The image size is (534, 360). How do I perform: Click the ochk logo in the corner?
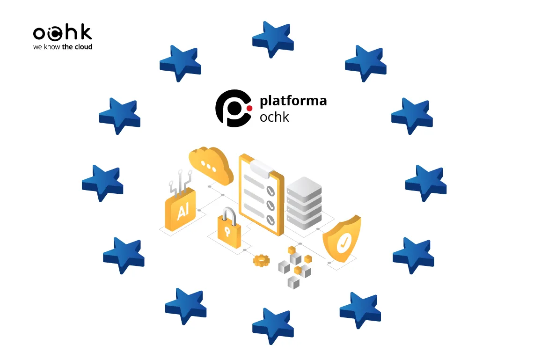click(62, 33)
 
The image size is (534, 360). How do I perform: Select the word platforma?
click(293, 100)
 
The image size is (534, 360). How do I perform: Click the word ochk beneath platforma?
click(274, 117)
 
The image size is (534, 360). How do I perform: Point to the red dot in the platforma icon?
click(249, 108)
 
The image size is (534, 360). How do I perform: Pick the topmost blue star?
click(273, 38)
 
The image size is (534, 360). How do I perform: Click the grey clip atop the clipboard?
click(261, 168)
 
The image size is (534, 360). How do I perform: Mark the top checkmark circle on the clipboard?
click(270, 191)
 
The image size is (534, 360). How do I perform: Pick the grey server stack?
click(304, 203)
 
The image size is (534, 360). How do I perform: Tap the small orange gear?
click(261, 260)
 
